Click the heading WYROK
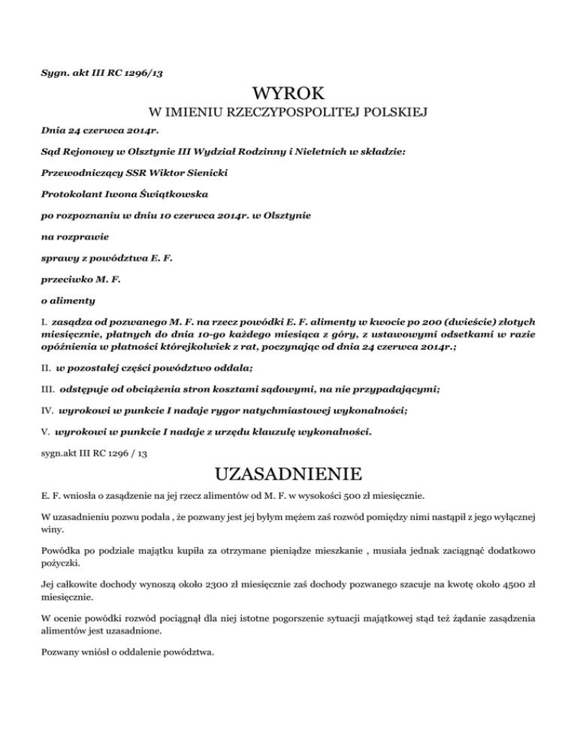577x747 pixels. coord(288,93)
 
